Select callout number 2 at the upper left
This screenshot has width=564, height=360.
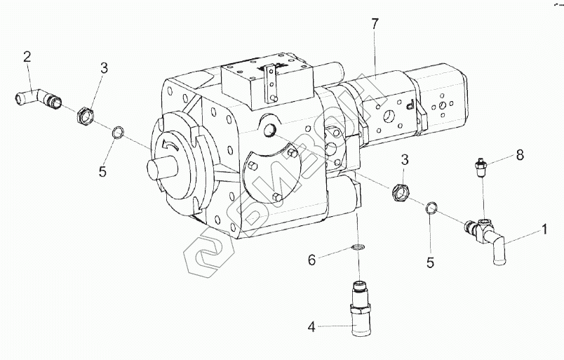[x=27, y=57]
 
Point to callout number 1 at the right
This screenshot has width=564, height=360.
[x=544, y=228]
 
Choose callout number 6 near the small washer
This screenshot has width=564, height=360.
[x=311, y=260]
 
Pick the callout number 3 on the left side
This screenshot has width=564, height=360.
[x=103, y=68]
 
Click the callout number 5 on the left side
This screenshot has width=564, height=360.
[x=102, y=172]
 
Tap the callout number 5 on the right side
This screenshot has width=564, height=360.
[x=431, y=262]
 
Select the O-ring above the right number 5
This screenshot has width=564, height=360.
[x=432, y=207]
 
